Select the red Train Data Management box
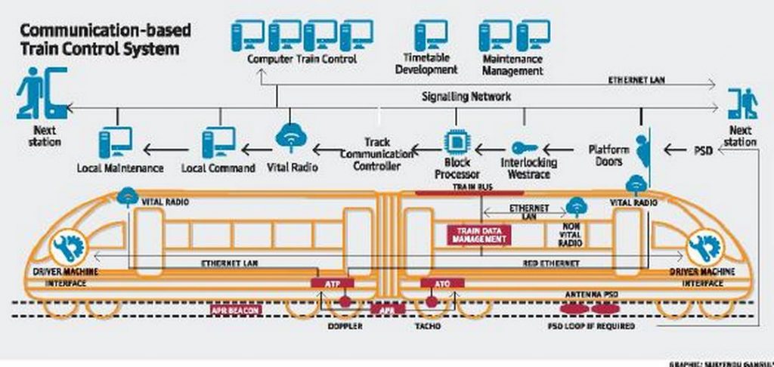[x=479, y=235]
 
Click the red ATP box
[x=332, y=283]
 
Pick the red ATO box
[x=434, y=283]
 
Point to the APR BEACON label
[x=237, y=309]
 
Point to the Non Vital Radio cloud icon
[x=577, y=205]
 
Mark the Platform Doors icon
[x=642, y=148]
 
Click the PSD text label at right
[x=704, y=150]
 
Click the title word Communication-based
[x=104, y=31]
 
